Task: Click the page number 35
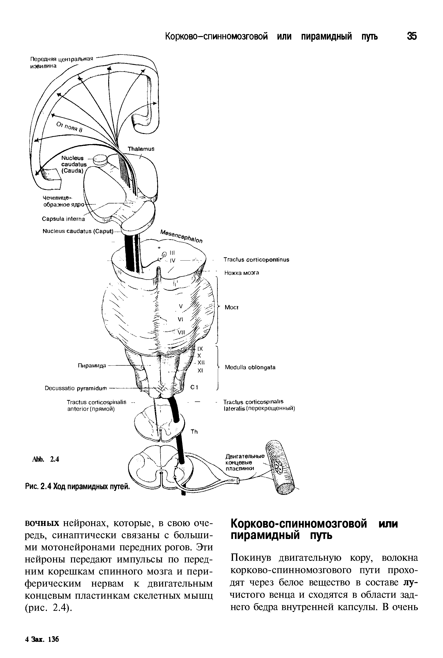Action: pyautogui.click(x=412, y=37)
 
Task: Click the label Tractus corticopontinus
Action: pyautogui.click(x=256, y=260)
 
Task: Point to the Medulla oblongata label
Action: pyautogui.click(x=250, y=368)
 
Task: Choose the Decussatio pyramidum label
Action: pyautogui.click(x=76, y=388)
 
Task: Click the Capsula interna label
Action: pyautogui.click(x=63, y=219)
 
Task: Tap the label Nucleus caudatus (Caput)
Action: pyautogui.click(x=78, y=231)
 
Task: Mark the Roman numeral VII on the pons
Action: pyautogui.click(x=181, y=333)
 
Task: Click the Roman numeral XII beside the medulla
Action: pyautogui.click(x=201, y=362)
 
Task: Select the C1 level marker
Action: pyautogui.click(x=194, y=388)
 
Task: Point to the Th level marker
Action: pyautogui.click(x=194, y=432)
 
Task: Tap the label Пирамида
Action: pyautogui.click(x=92, y=366)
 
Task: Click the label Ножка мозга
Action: pyautogui.click(x=242, y=273)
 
